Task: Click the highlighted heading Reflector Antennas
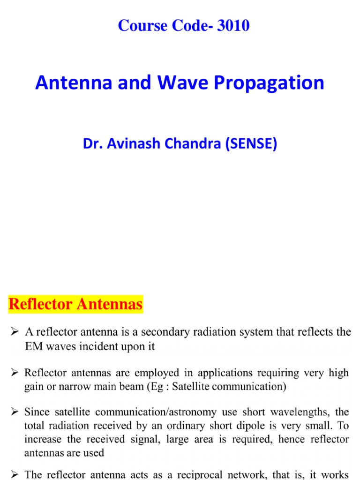click(75, 305)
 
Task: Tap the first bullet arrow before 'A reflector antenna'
click(15, 332)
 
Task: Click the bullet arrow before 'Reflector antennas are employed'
click(15, 373)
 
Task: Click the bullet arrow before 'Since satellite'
click(15, 412)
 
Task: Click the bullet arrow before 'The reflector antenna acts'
click(15, 474)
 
